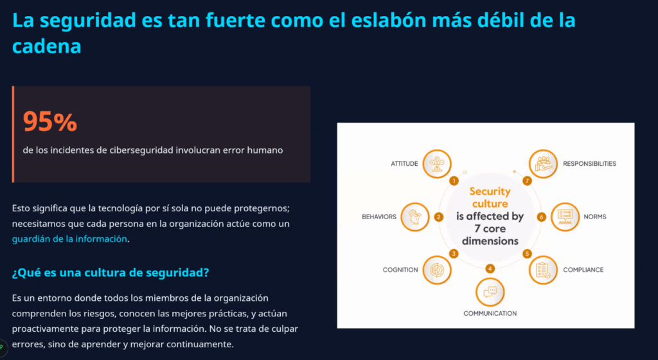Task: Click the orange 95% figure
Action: pyautogui.click(x=50, y=122)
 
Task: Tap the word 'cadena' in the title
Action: pyautogui.click(x=46, y=46)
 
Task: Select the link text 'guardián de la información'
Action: pyautogui.click(x=69, y=239)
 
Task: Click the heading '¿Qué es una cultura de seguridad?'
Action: pyautogui.click(x=111, y=273)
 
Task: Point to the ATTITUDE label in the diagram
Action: pyautogui.click(x=404, y=164)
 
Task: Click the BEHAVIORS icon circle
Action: pyautogui.click(x=414, y=217)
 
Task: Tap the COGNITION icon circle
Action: pyautogui.click(x=436, y=270)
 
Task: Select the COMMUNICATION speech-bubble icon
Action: pyautogui.click(x=490, y=292)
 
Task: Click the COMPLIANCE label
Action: pyautogui.click(x=583, y=270)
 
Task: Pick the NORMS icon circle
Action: pyautogui.click(x=565, y=217)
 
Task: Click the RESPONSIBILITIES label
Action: pyautogui.click(x=589, y=164)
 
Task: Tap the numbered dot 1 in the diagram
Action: pyautogui.click(x=454, y=181)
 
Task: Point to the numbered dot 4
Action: pyautogui.click(x=490, y=269)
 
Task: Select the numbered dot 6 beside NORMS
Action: pyautogui.click(x=541, y=217)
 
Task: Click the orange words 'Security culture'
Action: pyautogui.click(x=490, y=197)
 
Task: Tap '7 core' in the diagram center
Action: pyautogui.click(x=490, y=229)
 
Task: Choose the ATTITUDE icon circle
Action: pyautogui.click(x=436, y=164)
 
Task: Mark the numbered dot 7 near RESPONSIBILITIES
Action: pyautogui.click(x=527, y=181)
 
